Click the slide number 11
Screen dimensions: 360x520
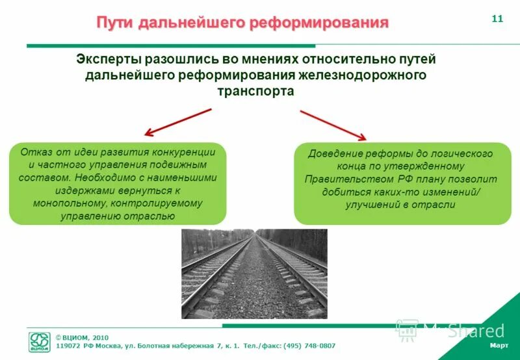pos(497,18)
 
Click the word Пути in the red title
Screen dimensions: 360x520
pos(116,23)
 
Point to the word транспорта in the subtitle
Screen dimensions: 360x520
pos(255,91)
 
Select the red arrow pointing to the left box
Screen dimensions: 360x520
pos(177,122)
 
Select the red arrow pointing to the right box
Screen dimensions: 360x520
pos(333,125)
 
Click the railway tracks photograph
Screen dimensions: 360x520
pos(253,273)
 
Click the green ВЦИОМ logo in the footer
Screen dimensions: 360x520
pos(39,341)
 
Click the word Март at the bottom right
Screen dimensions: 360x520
pos(499,344)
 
